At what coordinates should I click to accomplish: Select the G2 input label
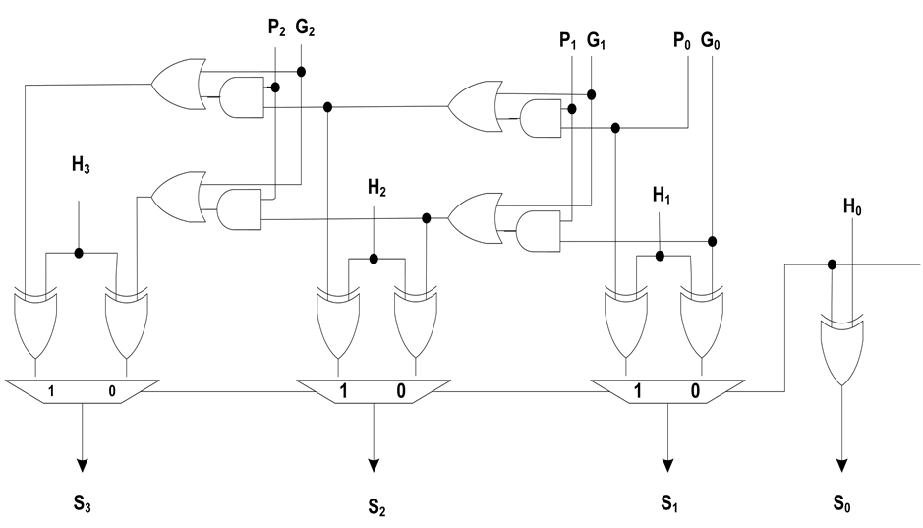[x=304, y=29]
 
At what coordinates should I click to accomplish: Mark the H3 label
[x=79, y=166]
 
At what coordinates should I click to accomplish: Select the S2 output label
[x=376, y=507]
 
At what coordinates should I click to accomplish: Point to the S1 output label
[x=668, y=505]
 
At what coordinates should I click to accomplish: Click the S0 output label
[x=841, y=505]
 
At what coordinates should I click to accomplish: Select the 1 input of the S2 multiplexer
[x=343, y=390]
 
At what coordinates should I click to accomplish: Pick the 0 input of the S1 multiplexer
[x=696, y=390]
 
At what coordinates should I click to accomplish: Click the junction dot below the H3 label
[x=79, y=253]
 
